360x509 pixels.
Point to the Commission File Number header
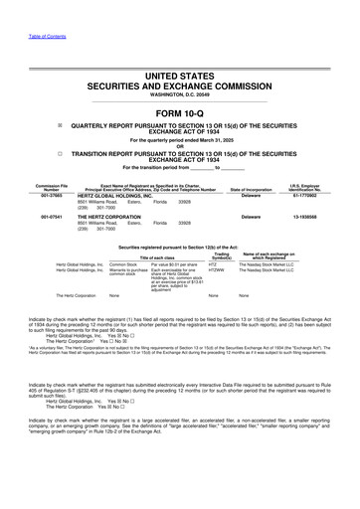click(x=25, y=187)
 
